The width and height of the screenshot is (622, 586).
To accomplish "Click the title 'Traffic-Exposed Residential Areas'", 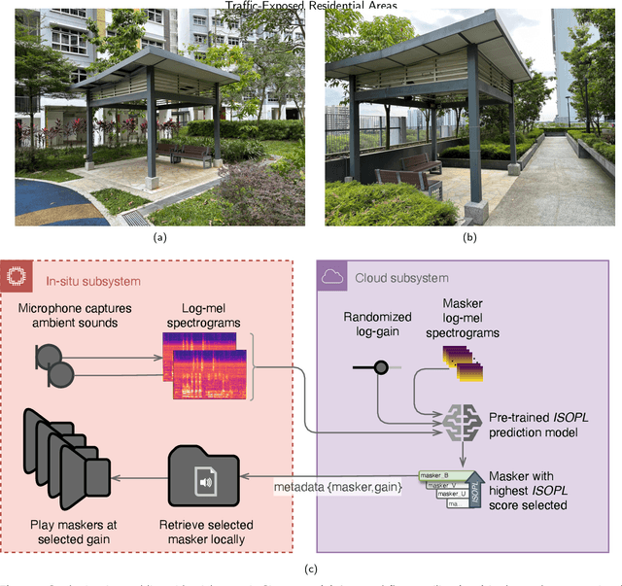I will tap(311, 6).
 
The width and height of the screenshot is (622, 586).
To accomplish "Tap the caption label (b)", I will tap(469, 236).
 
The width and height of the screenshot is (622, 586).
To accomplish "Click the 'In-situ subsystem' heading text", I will tap(93, 282).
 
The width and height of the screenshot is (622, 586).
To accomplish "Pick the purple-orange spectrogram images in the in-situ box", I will tap(205, 364).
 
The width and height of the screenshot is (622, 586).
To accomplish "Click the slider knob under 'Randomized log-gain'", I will tap(382, 366).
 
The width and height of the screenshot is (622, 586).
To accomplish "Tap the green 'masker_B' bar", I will tap(445, 476).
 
